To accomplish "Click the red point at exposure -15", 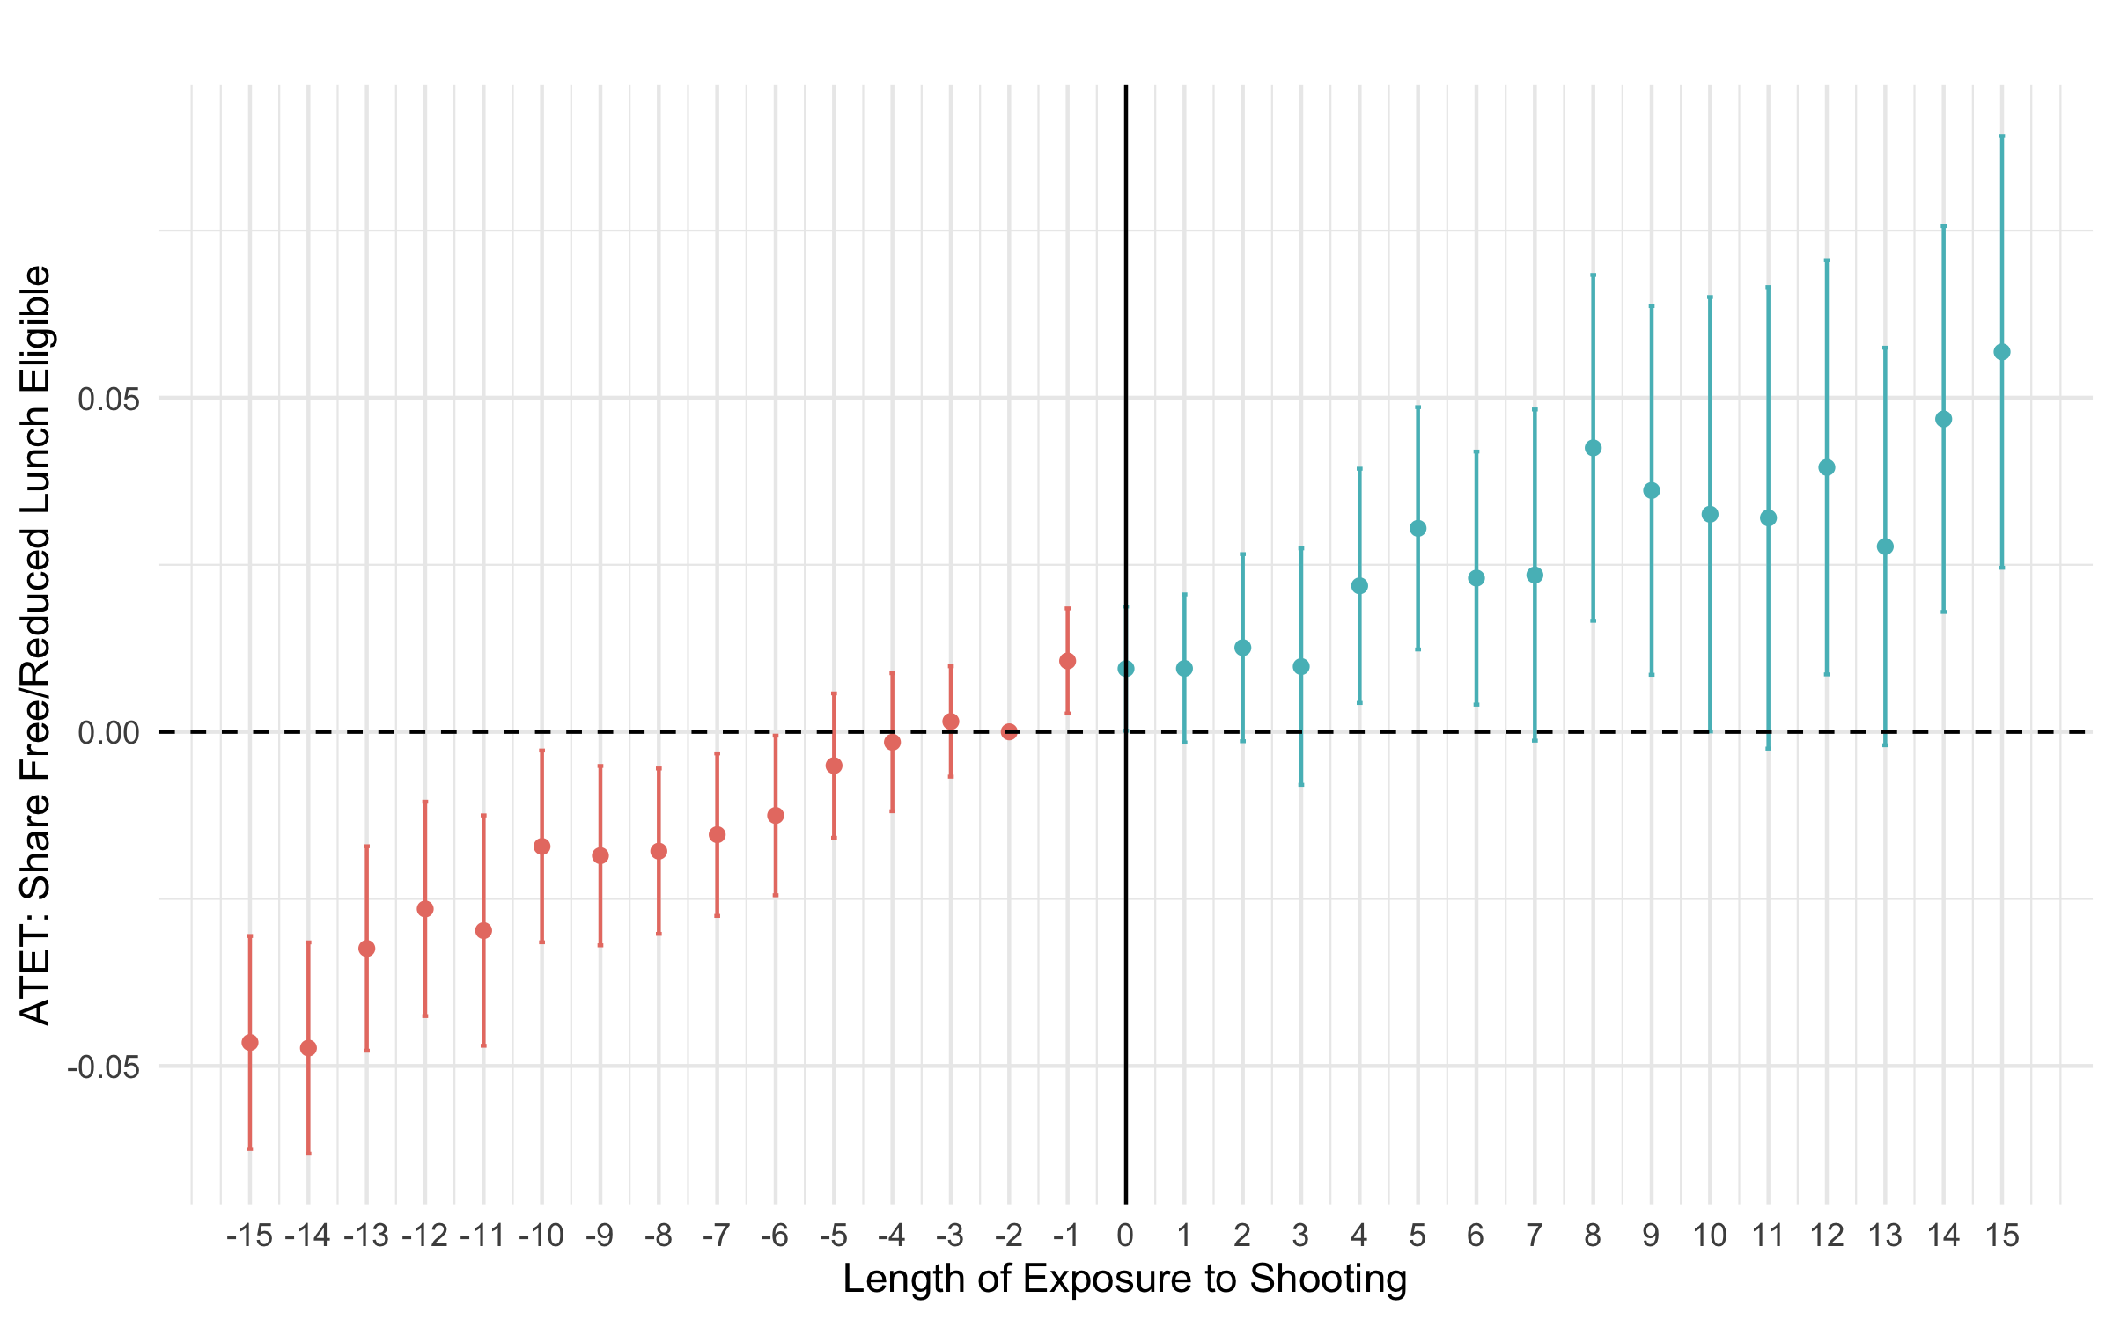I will tap(250, 1043).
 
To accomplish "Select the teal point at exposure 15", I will tap(2002, 352).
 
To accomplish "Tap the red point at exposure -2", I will tap(1009, 732).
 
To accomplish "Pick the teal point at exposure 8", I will tap(1594, 448).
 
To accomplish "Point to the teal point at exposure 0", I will tap(1126, 669).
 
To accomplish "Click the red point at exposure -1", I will tap(1068, 661).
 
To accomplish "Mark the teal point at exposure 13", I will tap(1885, 546).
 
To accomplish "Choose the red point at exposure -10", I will tap(542, 847).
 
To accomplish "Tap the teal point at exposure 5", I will tap(1418, 528).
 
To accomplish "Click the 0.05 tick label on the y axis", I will tap(108, 399).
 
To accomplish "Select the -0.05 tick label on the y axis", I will tap(104, 1067).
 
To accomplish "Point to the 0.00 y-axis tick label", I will tap(108, 733).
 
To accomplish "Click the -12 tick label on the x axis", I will tap(425, 1236).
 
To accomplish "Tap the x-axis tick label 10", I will tap(1710, 1236).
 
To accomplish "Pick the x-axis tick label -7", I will tap(717, 1236).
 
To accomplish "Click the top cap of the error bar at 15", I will tap(2002, 136).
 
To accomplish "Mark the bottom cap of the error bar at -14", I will tap(308, 1153).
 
